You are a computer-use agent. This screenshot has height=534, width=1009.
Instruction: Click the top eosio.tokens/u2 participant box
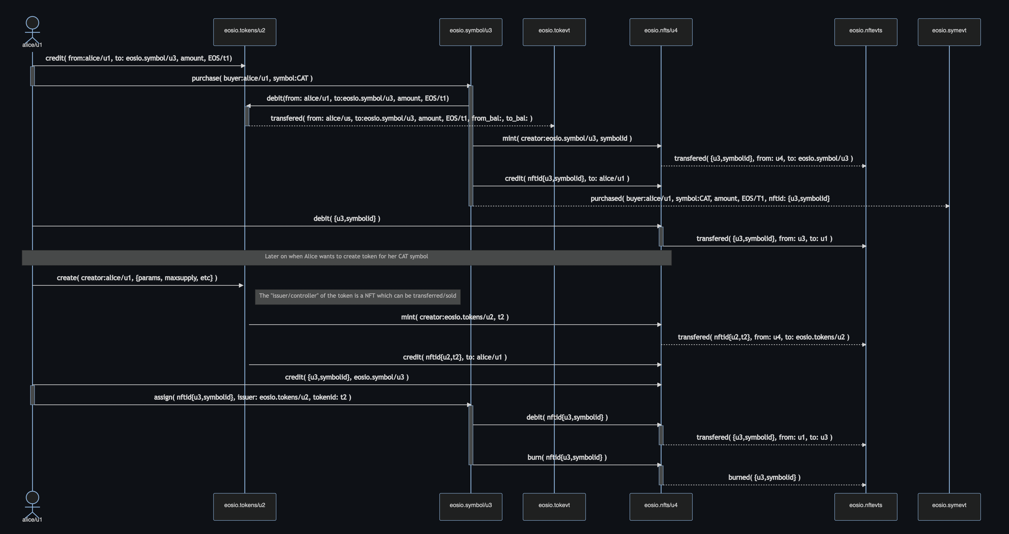[x=245, y=32]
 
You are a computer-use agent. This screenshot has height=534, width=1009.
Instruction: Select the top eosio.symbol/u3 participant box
[x=470, y=32]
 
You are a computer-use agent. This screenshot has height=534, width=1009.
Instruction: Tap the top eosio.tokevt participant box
[x=554, y=32]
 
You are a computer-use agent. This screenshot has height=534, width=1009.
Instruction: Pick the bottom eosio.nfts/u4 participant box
[x=661, y=507]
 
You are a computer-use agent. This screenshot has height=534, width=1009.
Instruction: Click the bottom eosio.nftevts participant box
[x=866, y=507]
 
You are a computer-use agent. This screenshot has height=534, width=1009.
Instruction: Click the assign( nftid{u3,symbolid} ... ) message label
[x=252, y=397]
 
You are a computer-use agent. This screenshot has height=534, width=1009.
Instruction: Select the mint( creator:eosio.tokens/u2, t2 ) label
[x=455, y=317]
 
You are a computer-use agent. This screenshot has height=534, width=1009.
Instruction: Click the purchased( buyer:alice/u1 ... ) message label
[x=710, y=198]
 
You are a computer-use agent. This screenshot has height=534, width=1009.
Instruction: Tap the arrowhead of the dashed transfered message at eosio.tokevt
[x=552, y=126]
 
